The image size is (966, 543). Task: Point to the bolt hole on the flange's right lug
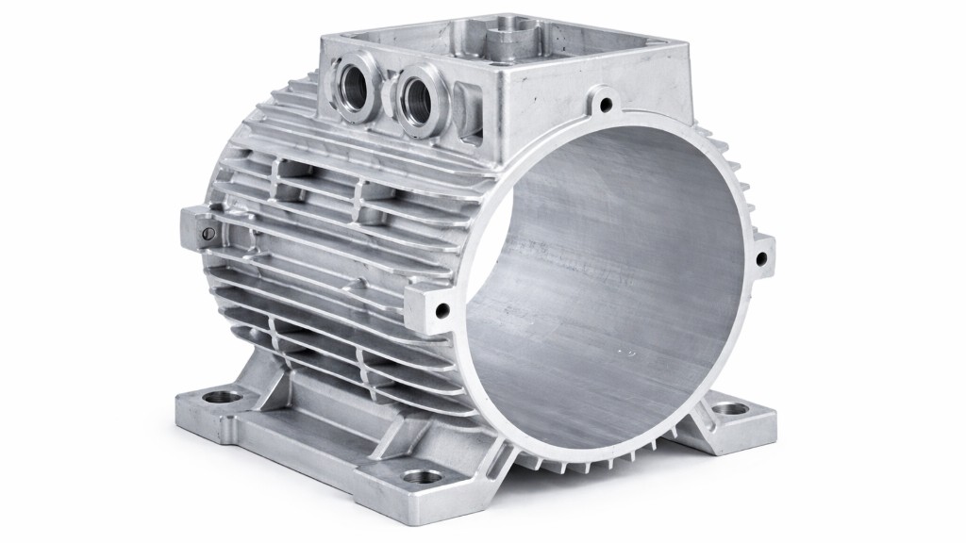[762, 254]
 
